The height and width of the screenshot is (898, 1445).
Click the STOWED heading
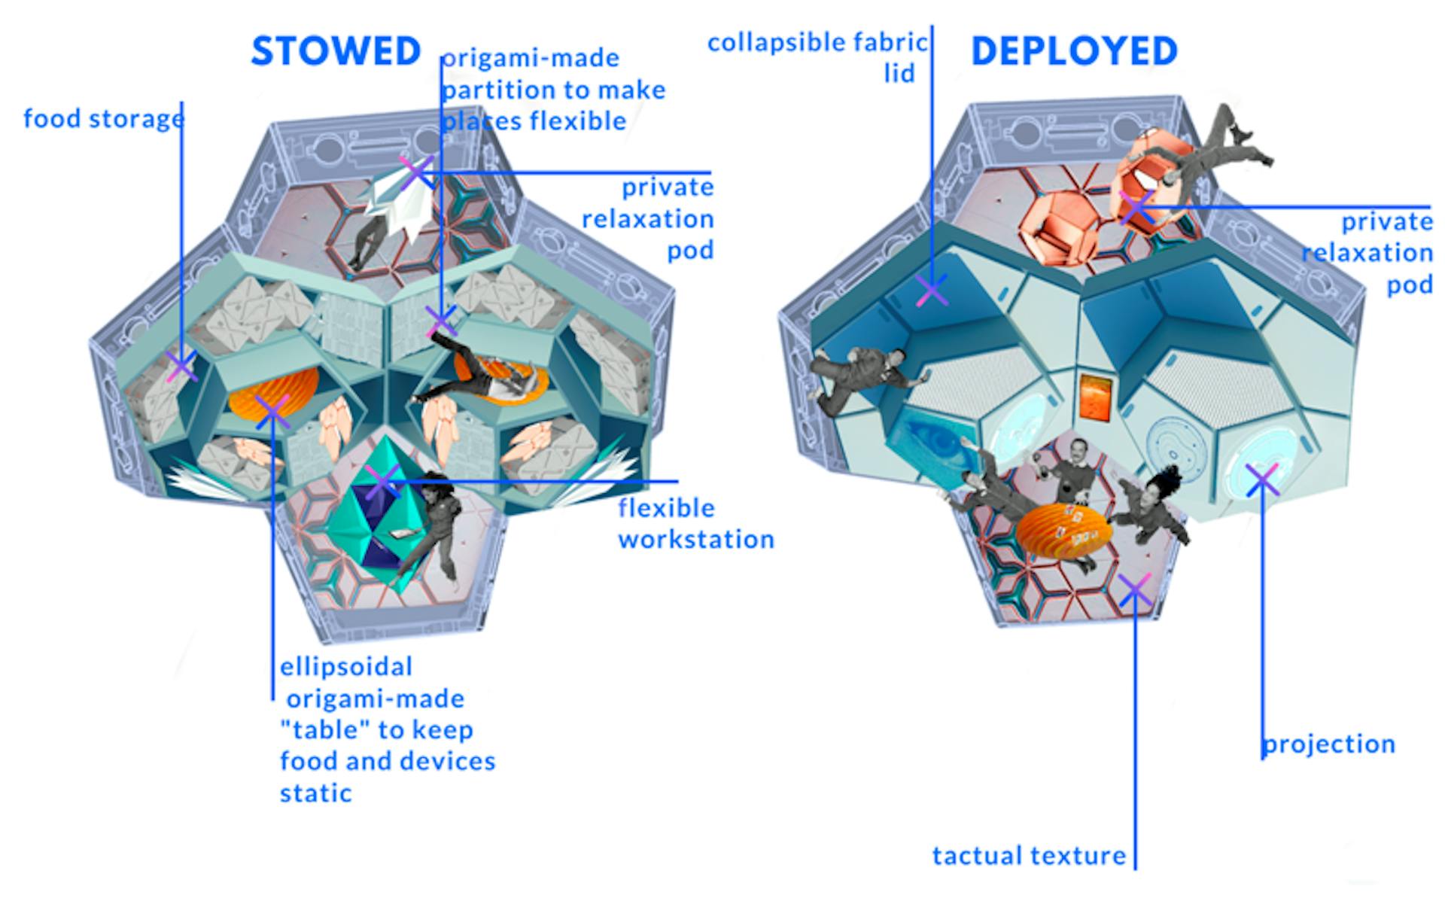tap(336, 51)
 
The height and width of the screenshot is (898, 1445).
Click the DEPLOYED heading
tap(1074, 51)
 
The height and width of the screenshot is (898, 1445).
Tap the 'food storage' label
tap(103, 119)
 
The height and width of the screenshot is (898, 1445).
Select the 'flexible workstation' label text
tap(695, 524)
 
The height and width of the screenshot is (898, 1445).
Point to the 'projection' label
tap(1328, 744)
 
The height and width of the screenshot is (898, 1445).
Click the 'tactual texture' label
tap(1029, 856)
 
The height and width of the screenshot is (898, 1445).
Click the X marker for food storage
tap(181, 366)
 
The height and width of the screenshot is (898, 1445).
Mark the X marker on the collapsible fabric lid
tap(932, 291)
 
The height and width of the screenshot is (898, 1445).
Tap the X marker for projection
tap(1262, 480)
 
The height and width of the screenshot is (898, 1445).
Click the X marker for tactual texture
tap(1134, 590)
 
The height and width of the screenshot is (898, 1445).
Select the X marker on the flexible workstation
tap(382, 480)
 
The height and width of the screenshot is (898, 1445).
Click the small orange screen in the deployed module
tap(1095, 396)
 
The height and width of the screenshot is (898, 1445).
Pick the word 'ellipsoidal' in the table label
tap(346, 667)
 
